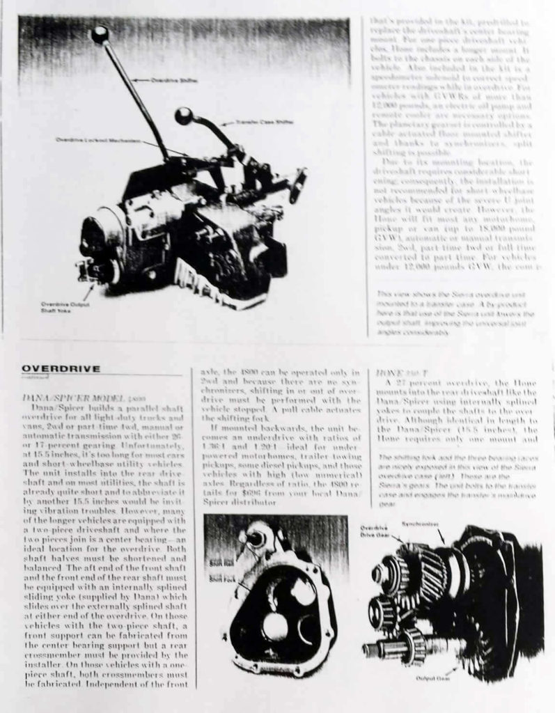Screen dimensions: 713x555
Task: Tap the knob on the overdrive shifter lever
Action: pos(100,33)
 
